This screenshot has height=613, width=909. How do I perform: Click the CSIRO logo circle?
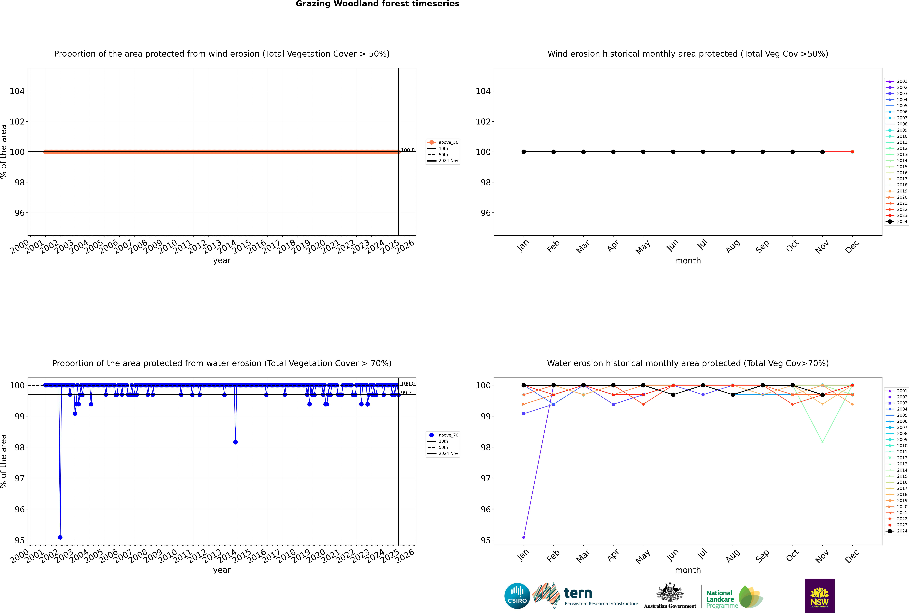[x=517, y=596]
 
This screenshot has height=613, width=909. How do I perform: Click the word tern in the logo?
[x=578, y=593]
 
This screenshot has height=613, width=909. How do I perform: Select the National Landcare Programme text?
[x=720, y=599]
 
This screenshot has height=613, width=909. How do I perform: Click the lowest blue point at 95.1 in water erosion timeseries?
[x=60, y=537]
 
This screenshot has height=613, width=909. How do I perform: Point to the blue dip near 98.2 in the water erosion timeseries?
[x=235, y=442]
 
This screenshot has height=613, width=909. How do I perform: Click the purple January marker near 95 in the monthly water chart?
[x=524, y=537]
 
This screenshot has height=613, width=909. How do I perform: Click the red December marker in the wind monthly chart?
[x=852, y=152]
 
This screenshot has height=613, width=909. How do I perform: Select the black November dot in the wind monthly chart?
[x=822, y=152]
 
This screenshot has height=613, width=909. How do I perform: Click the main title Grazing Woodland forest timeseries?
[x=378, y=4]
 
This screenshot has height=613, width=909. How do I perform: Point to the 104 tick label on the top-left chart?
[x=17, y=91]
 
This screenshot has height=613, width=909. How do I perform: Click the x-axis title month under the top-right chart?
[x=688, y=261]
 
